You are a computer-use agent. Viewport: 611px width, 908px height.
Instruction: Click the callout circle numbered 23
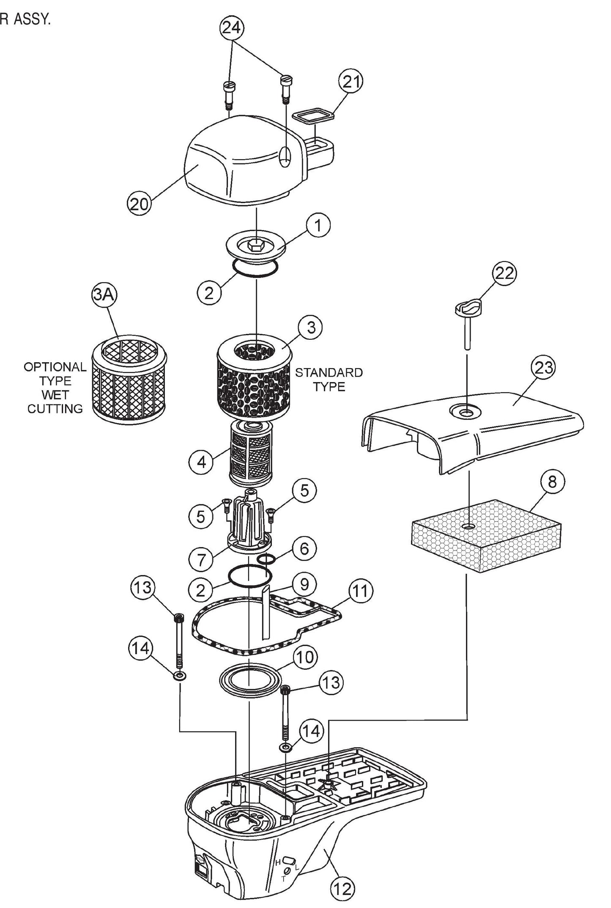tap(544, 367)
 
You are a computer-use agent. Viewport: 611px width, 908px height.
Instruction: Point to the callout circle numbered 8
tap(553, 482)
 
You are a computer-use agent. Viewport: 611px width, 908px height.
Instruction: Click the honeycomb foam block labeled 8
tap(486, 537)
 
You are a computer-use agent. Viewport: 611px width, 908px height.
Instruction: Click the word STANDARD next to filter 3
tap(329, 373)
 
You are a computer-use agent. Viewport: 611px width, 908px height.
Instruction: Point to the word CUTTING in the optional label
tap(55, 409)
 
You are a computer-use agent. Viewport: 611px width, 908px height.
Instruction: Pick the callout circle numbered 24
tap(231, 28)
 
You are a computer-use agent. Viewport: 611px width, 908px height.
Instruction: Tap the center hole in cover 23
tap(466, 411)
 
